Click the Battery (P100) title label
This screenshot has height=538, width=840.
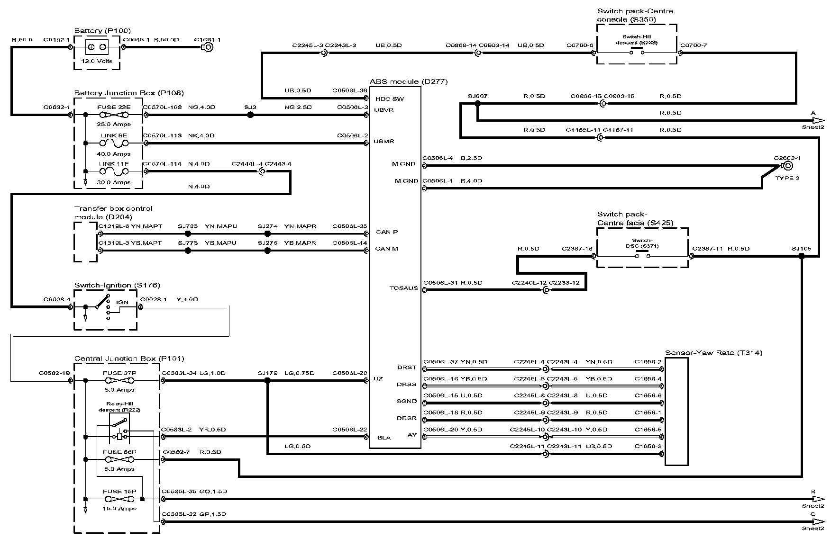102,31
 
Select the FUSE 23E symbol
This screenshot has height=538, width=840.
113,115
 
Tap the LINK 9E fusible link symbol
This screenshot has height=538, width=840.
113,143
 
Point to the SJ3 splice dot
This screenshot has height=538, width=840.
250,115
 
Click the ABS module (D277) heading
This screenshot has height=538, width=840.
409,81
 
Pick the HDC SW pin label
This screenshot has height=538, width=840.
389,99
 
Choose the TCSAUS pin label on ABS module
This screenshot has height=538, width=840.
403,288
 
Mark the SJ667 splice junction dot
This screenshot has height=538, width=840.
477,104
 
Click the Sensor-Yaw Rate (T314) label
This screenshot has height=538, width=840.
713,353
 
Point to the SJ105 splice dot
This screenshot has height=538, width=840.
802,256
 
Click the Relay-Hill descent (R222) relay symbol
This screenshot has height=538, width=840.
119,428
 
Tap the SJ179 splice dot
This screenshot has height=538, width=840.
267,380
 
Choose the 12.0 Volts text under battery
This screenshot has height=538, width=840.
97,61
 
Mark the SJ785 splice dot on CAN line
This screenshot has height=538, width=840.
188,234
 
